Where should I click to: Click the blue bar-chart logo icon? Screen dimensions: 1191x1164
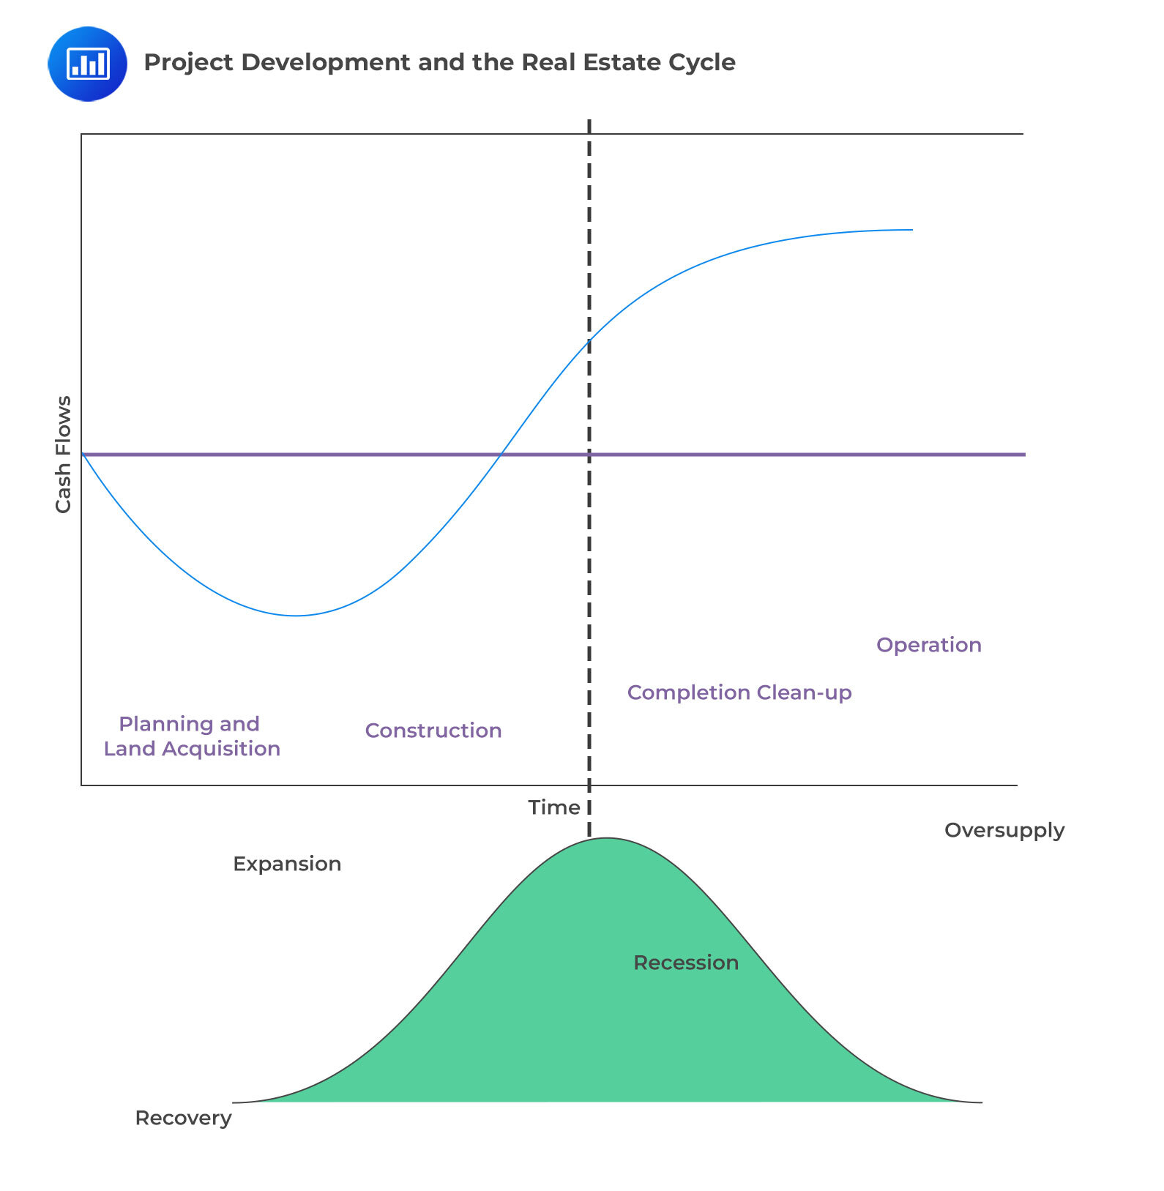87,64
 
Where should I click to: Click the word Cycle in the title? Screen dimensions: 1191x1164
702,63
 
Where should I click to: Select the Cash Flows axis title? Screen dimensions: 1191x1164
64,454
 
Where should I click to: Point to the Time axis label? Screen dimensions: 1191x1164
553,807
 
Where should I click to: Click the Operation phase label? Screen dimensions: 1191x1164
928,645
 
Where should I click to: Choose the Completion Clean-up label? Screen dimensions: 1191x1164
739,692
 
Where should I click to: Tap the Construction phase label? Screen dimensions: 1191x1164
433,731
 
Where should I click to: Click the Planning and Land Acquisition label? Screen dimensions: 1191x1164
191,736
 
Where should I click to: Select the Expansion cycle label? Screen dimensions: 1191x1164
287,864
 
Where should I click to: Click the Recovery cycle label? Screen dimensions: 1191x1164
183,1118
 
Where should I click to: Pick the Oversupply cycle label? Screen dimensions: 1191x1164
1004,830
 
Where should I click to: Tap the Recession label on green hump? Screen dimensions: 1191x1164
685,963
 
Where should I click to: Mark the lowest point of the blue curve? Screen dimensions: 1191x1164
296,616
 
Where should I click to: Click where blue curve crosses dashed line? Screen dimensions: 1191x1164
589,340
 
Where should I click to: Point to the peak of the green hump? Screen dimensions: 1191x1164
607,838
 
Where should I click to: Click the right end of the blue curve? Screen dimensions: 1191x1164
912,230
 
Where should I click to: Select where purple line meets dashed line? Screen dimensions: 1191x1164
589,455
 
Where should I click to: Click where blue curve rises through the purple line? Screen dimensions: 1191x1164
501,455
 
